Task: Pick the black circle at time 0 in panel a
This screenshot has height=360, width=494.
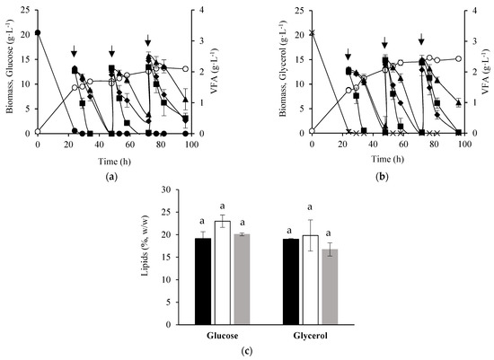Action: (x=38, y=33)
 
